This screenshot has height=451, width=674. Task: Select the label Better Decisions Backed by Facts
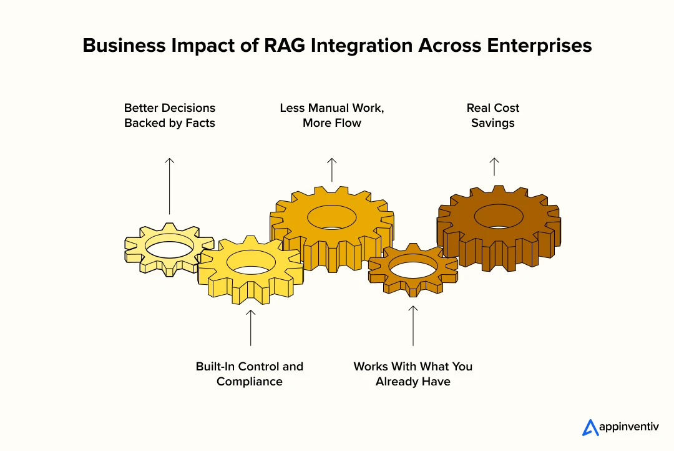pos(169,116)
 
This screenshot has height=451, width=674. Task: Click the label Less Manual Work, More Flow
pos(332,116)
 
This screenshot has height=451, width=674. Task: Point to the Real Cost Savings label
pos(493,116)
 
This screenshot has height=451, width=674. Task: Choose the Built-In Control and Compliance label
pos(250,374)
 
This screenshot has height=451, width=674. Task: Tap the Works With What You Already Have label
pos(413,374)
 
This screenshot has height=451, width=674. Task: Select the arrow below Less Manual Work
pos(332,169)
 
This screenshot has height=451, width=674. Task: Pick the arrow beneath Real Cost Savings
pos(494,166)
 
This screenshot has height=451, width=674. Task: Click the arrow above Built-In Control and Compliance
pos(250,327)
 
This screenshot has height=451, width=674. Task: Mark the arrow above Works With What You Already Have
pos(413,325)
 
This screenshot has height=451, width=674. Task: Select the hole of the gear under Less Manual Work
pos(331,216)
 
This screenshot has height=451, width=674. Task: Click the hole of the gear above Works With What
pos(413,267)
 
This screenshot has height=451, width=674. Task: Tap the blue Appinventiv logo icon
pos(590,427)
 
